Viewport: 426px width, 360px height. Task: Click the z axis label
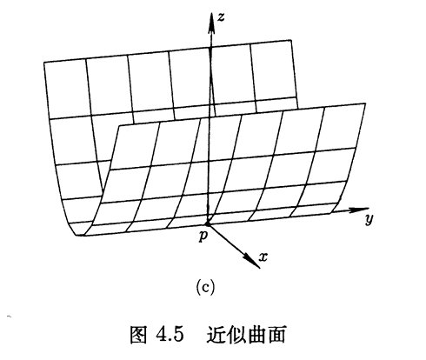click(x=221, y=17)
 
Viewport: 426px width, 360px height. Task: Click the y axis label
click(x=369, y=219)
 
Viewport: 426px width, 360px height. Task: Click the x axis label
click(x=263, y=257)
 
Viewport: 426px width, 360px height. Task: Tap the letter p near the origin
click(x=203, y=237)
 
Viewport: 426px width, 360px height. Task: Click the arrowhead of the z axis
click(x=212, y=23)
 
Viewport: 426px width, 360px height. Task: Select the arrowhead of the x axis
click(x=252, y=261)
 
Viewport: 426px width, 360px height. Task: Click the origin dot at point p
click(x=208, y=223)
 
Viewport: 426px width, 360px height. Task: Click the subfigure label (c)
click(x=205, y=287)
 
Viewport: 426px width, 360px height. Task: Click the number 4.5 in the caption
click(x=170, y=335)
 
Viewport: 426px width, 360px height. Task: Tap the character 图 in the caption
click(x=138, y=335)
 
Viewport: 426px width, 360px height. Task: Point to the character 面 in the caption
click(x=276, y=335)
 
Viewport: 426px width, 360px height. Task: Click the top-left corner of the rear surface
click(x=44, y=62)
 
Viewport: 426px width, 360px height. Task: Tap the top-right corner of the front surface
click(x=365, y=103)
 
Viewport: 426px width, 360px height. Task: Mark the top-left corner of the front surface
click(x=119, y=126)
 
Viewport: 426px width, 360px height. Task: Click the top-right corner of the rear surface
click(x=290, y=40)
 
